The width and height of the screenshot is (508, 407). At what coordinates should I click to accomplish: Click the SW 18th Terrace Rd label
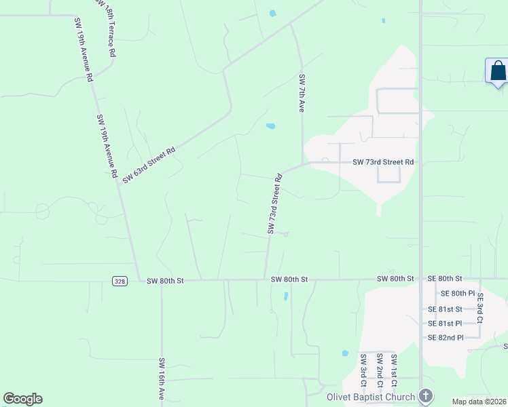111,28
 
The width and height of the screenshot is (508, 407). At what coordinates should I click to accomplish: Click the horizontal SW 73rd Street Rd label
382,162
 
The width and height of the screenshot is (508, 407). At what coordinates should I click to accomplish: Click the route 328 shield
119,279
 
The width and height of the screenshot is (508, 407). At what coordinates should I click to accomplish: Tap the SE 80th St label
445,279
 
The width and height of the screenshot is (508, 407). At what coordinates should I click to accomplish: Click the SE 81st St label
445,309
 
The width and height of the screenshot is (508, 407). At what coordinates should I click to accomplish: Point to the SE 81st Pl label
445,324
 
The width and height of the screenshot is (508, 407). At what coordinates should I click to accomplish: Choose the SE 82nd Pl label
445,338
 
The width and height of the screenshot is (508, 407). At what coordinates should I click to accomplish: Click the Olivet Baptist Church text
370,397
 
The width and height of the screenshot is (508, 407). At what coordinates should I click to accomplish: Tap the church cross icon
426,395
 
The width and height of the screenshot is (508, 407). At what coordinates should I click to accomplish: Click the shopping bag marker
497,71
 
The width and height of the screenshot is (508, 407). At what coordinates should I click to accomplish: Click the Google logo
22,399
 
